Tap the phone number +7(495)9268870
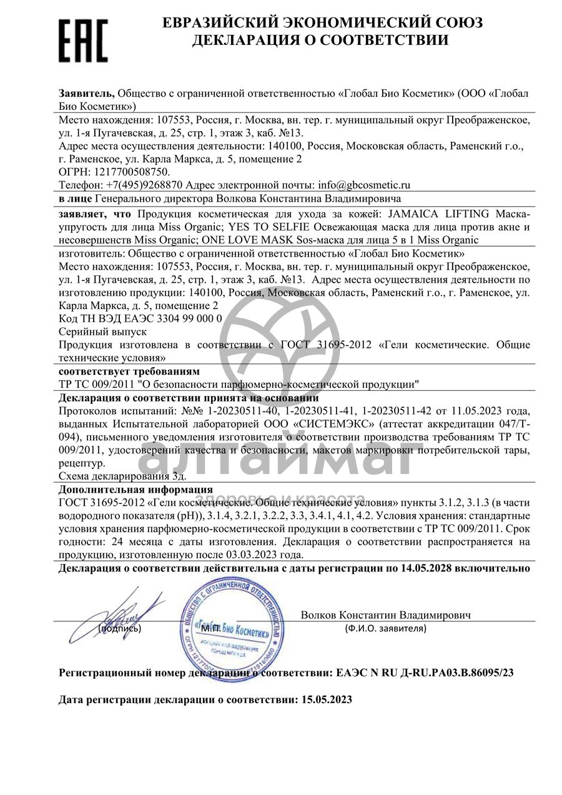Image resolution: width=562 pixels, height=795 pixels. click(145, 185)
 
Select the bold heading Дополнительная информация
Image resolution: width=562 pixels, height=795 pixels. click(136, 489)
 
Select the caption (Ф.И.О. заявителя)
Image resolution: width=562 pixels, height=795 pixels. click(385, 628)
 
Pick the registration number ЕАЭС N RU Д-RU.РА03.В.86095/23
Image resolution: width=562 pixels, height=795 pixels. click(425, 673)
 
